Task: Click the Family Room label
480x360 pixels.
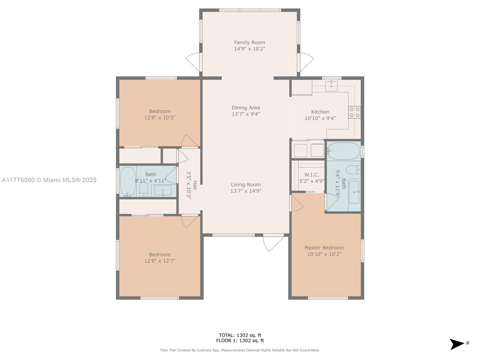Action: [250, 42]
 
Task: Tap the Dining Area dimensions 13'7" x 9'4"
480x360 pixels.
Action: [246, 114]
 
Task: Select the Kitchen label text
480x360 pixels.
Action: [320, 112]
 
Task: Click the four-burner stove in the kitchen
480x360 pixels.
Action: [355, 112]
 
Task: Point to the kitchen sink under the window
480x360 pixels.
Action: [331, 86]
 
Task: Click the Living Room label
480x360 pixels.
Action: [246, 185]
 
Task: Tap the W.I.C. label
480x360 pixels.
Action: [312, 175]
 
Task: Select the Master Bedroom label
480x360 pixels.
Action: [324, 248]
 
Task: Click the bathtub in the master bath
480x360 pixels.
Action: [343, 151]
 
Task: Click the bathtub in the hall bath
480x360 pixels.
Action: [128, 182]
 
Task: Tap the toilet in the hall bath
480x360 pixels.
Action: [144, 189]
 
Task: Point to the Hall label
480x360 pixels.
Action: [195, 185]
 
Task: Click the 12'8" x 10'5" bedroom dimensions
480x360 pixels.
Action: [160, 118]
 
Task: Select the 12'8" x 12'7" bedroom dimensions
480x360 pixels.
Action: [160, 261]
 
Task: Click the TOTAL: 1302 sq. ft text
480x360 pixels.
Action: [240, 335]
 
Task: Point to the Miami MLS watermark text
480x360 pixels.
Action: [49, 180]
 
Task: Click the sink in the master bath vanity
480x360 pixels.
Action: [354, 192]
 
